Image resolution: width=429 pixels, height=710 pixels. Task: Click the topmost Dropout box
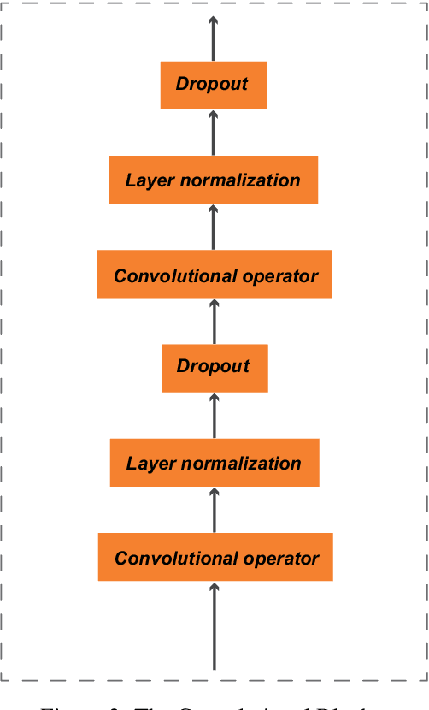[x=213, y=85]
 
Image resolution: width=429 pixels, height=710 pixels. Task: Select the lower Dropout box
[x=214, y=367]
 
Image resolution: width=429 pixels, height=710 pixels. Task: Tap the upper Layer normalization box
[x=213, y=180]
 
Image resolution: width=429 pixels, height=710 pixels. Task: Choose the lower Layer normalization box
[x=214, y=464]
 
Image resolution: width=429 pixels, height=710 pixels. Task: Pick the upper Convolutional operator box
[x=214, y=275]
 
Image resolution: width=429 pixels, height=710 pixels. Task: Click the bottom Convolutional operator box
[x=214, y=558]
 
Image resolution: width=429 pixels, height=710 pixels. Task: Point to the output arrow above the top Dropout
[x=213, y=38]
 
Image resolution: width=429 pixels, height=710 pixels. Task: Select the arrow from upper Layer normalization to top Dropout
[x=213, y=133]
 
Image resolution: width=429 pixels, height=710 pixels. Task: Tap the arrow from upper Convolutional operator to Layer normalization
[x=213, y=227]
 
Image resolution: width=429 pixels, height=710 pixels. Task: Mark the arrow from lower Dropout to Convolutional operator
[x=214, y=322]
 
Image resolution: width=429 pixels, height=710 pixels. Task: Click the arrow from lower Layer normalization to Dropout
[x=214, y=416]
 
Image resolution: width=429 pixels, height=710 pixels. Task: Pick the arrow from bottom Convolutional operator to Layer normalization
[x=214, y=511]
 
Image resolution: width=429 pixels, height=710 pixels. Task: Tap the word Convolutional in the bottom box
[x=165, y=559]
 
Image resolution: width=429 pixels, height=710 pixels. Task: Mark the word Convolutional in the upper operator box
[x=164, y=276]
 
